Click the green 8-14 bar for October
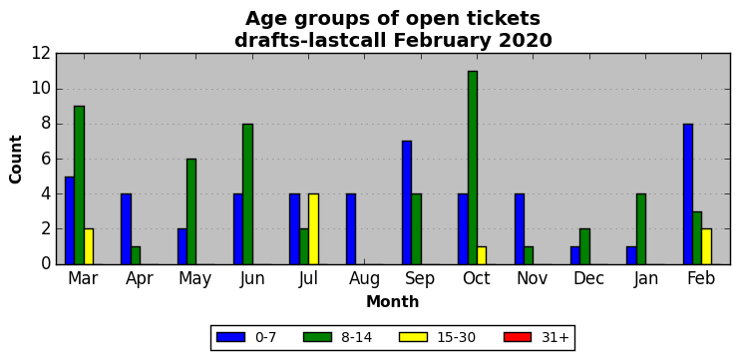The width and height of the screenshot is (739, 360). pos(473,168)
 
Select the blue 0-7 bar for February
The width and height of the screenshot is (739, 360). pos(687,194)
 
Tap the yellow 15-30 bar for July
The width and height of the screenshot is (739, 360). pos(313,229)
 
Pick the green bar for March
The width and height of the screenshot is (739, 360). pos(79,185)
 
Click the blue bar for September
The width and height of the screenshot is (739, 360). pos(407,202)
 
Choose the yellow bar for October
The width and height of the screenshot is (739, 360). pos(482,255)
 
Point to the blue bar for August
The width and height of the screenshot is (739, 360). pos(351,229)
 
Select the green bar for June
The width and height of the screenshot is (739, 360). pos(248,194)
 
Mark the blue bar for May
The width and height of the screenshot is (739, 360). pos(183,247)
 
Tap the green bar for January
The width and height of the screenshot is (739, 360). pos(641,229)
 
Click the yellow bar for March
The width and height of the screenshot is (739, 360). pos(89,247)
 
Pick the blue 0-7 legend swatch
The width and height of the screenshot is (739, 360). pos(231,337)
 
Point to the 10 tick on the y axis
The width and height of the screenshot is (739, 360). pos(41,89)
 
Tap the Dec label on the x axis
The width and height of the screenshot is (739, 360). pos(589,278)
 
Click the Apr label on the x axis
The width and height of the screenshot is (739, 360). pos(140,279)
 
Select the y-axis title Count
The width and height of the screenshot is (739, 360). pos(16,160)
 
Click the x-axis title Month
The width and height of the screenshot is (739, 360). pos(393,301)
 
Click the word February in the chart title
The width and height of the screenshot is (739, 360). pos(440,41)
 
